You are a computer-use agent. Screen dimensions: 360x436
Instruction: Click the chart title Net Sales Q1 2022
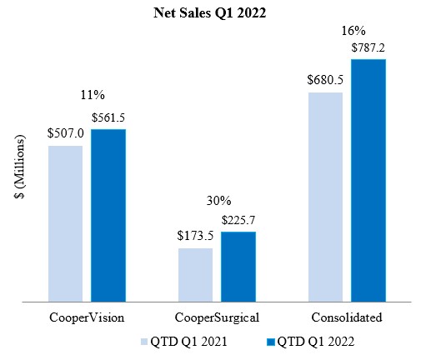(218, 13)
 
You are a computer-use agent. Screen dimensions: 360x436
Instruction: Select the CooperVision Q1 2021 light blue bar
(65, 222)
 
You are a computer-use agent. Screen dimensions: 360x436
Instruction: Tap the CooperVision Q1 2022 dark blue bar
(108, 215)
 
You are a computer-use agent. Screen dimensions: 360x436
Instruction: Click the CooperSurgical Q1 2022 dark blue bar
(238, 266)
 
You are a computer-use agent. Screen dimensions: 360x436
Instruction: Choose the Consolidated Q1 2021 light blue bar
(325, 196)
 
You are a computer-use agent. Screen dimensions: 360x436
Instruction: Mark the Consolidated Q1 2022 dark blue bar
(368, 179)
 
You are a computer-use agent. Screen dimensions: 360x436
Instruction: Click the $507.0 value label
(65, 132)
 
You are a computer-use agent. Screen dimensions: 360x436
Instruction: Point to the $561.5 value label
(108, 117)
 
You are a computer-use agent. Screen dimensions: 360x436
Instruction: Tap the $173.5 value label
(195, 236)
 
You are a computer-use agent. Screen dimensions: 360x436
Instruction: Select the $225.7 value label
(238, 220)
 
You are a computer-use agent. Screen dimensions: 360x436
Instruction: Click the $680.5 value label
(325, 80)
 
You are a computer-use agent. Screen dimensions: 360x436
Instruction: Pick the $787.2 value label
(368, 47)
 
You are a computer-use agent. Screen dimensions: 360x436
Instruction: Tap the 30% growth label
(218, 201)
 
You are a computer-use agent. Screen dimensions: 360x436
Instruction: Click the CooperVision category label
(87, 318)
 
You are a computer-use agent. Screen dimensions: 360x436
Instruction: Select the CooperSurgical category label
(217, 318)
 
